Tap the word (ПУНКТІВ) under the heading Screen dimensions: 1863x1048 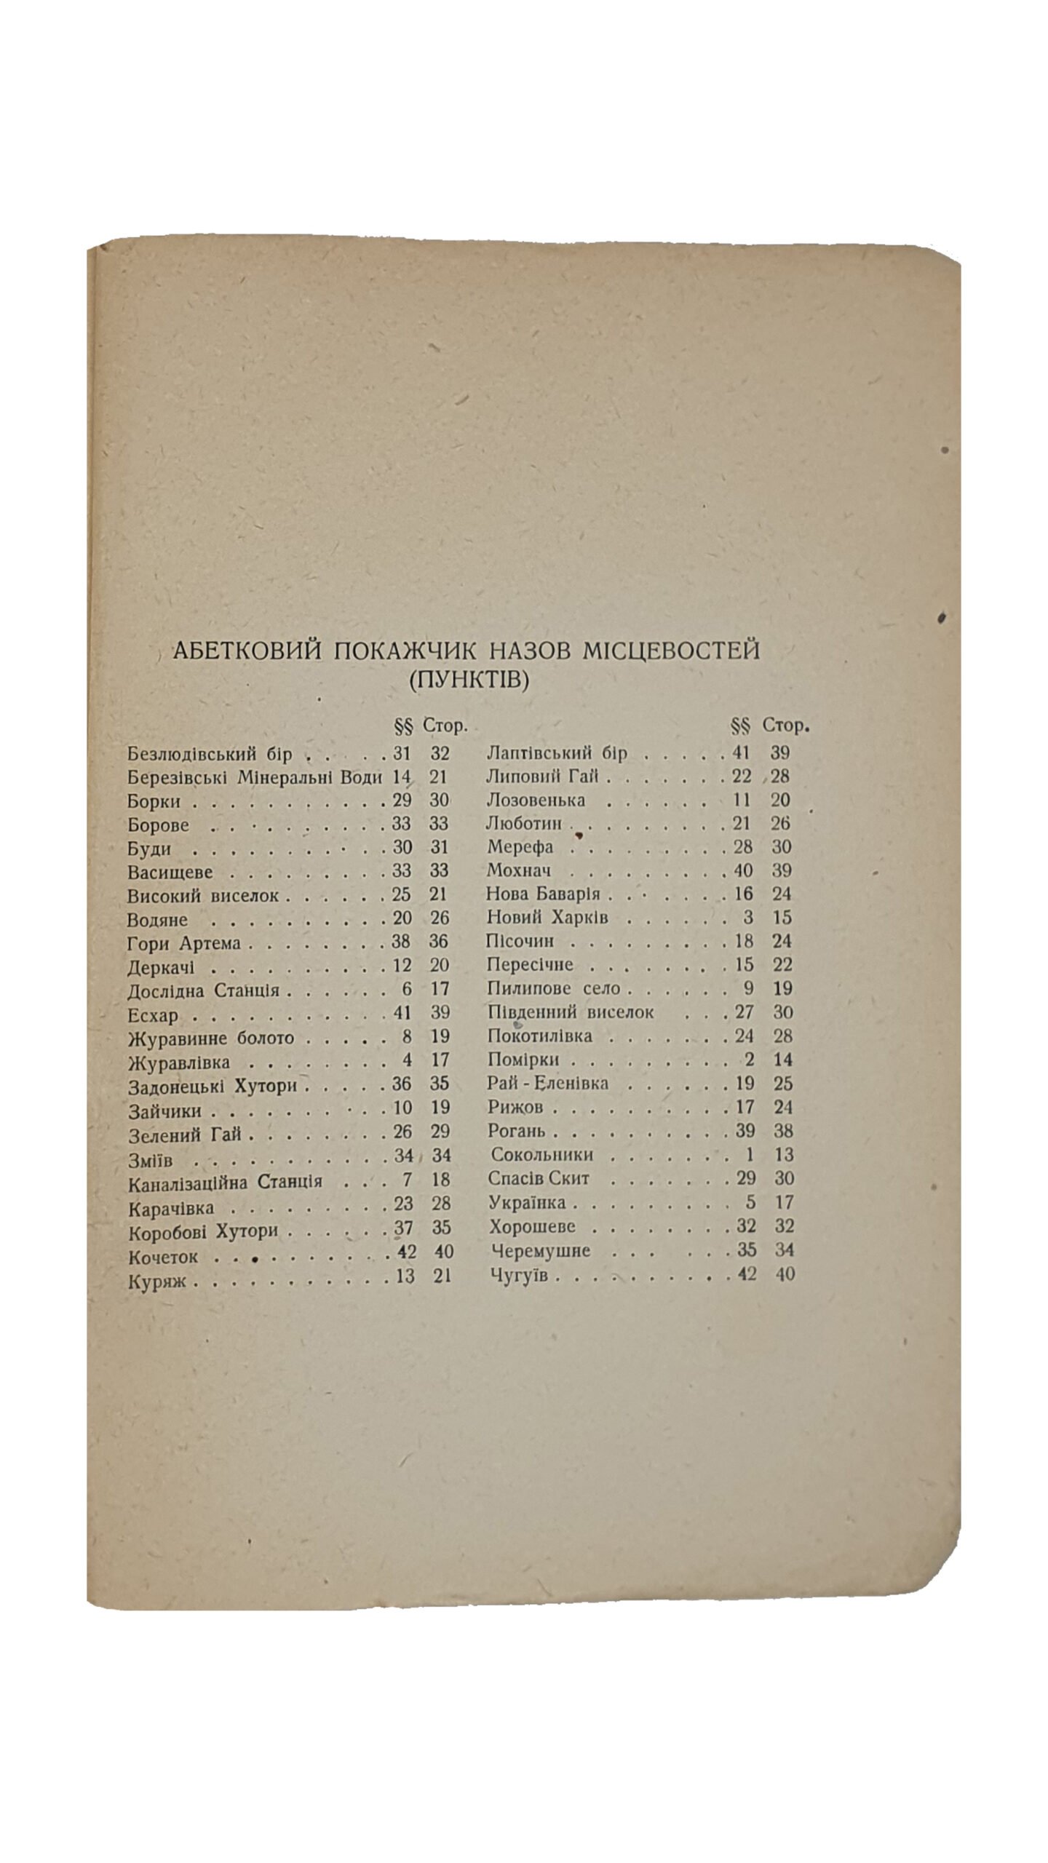click(x=468, y=681)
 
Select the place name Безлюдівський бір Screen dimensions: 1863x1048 click(x=210, y=754)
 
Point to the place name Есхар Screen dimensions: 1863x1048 click(x=152, y=1014)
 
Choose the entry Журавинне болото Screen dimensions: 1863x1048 click(x=210, y=1038)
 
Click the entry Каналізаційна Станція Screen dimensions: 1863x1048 click(x=225, y=1181)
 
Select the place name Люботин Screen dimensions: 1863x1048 click(x=524, y=824)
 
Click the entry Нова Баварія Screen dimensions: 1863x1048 click(x=543, y=894)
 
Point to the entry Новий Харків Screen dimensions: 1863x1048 click(x=547, y=918)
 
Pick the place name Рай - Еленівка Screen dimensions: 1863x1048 click(x=547, y=1084)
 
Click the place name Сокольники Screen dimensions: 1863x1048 click(x=542, y=1155)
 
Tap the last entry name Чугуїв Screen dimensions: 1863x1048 click(x=518, y=1275)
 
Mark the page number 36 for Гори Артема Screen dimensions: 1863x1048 click(x=438, y=942)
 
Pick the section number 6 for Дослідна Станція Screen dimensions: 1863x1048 click(x=406, y=989)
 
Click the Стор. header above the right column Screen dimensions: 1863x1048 click(x=786, y=726)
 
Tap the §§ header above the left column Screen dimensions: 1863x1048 click(x=403, y=726)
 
